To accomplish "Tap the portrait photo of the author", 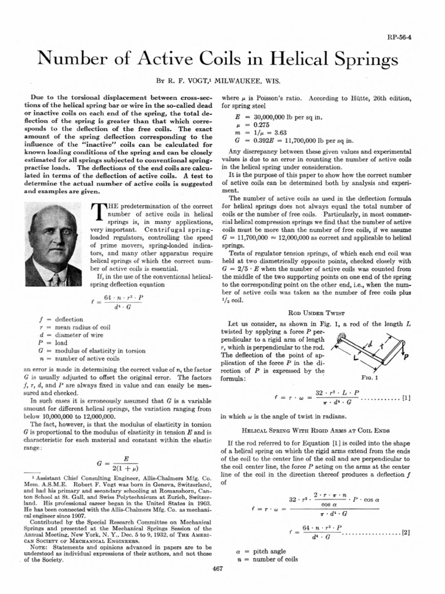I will [x=54, y=246].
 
